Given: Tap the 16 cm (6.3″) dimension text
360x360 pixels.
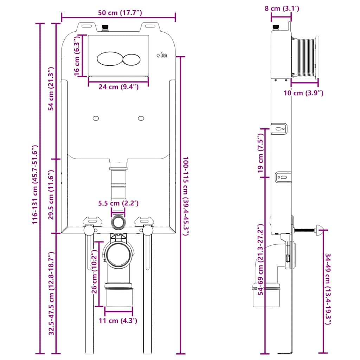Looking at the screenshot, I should pyautogui.click(x=77, y=56).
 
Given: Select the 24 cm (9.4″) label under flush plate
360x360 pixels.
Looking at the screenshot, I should pyautogui.click(x=118, y=87).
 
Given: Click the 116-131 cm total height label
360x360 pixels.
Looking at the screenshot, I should pyautogui.click(x=34, y=185).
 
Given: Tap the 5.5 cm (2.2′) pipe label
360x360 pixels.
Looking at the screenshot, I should pyautogui.click(x=118, y=203).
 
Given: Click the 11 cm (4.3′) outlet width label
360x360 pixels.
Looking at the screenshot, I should pyautogui.click(x=118, y=320).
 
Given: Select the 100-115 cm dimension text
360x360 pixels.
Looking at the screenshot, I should pyautogui.click(x=185, y=203).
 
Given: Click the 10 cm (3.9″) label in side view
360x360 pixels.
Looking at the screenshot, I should pyautogui.click(x=304, y=93).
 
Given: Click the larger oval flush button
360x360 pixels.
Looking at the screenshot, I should pyautogui.click(x=109, y=59).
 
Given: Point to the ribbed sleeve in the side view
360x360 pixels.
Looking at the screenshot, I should pyautogui.click(x=305, y=57).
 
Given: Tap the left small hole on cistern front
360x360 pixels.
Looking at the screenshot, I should pyautogui.click(x=96, y=118).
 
